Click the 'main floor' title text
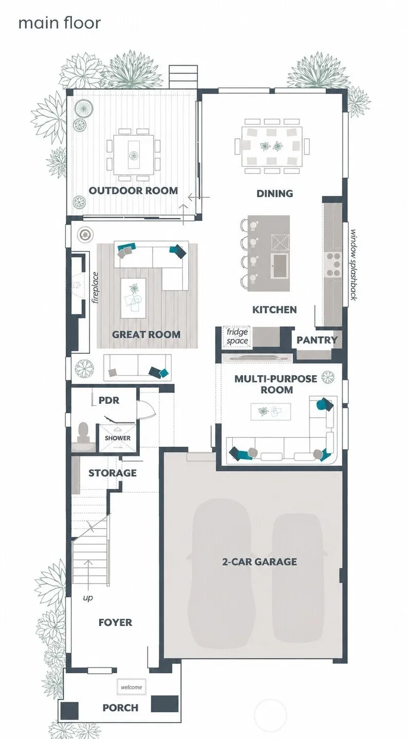click(x=60, y=23)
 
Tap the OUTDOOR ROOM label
click(x=133, y=190)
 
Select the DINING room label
click(x=275, y=193)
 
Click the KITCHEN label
click(x=274, y=309)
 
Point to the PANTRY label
click(x=317, y=340)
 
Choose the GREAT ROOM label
click(x=146, y=335)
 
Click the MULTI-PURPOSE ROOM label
click(x=276, y=384)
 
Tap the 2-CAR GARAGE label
click(x=259, y=562)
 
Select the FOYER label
click(x=116, y=622)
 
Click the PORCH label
click(x=120, y=707)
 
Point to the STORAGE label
click(x=113, y=473)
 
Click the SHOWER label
click(x=118, y=438)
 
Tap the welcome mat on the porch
click(x=132, y=687)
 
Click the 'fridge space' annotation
click(x=237, y=337)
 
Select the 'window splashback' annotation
click(x=354, y=265)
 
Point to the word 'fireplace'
click(x=96, y=287)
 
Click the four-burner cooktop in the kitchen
click(x=333, y=264)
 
